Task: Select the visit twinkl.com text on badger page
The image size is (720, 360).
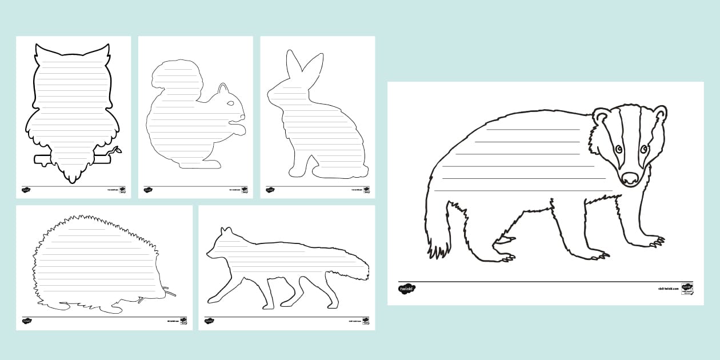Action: (x=667, y=289)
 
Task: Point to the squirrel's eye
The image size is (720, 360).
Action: (x=230, y=103)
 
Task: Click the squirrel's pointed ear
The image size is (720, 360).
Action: (x=223, y=87)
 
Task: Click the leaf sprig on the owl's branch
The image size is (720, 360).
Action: (x=117, y=151)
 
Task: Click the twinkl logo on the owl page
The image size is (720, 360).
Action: (x=26, y=190)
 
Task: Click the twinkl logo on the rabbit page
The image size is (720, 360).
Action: (x=270, y=190)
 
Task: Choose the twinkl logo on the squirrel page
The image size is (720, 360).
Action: (x=148, y=190)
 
